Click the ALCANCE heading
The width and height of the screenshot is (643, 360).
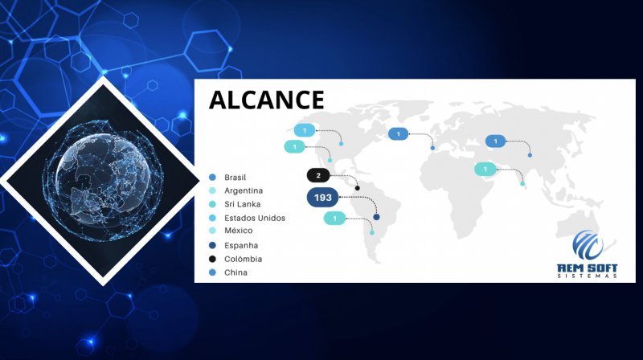(x=267, y=100)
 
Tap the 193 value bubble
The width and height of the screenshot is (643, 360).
(x=323, y=198)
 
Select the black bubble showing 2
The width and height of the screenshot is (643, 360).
(x=318, y=175)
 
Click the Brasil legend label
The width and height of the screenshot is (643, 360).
(x=235, y=178)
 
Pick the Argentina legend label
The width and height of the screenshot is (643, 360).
(x=244, y=190)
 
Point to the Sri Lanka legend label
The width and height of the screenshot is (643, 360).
(x=243, y=204)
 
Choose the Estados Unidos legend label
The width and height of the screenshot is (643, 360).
(x=255, y=218)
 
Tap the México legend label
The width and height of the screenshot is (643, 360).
(x=238, y=231)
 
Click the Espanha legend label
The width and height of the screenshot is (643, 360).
(x=241, y=246)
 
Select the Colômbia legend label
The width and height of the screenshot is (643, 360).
(x=244, y=259)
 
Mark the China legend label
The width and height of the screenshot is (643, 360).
(x=235, y=272)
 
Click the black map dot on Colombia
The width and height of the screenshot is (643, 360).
(x=357, y=188)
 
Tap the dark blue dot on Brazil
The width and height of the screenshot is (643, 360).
(x=376, y=217)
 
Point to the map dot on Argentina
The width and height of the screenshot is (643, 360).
(x=372, y=233)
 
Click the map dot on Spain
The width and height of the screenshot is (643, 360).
(x=432, y=148)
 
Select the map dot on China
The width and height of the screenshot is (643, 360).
(x=530, y=155)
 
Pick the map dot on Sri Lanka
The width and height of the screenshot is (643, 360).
(x=522, y=184)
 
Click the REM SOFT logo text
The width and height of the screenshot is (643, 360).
(x=588, y=269)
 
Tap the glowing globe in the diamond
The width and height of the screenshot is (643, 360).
(x=104, y=181)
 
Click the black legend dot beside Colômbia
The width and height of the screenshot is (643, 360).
(x=212, y=259)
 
